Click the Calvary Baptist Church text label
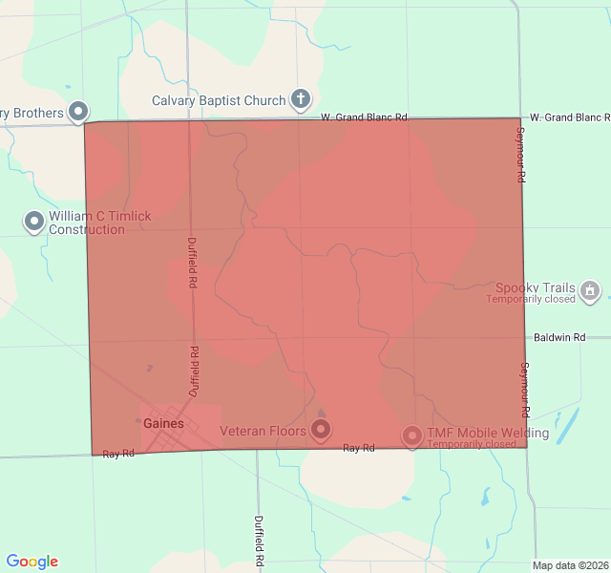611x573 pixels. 219,100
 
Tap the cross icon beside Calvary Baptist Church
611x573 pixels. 301,98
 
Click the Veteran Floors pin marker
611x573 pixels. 321,430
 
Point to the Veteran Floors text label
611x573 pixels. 263,432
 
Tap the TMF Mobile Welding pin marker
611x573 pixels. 412,435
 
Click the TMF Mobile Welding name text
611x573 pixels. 488,434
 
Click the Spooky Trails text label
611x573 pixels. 536,287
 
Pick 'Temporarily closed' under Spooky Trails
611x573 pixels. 531,300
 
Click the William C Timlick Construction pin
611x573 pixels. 34,222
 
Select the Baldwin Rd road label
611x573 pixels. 559,337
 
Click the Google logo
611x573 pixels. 32,562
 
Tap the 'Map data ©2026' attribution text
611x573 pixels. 569,565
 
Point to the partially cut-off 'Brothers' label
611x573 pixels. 32,113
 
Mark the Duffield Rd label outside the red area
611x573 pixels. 259,541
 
